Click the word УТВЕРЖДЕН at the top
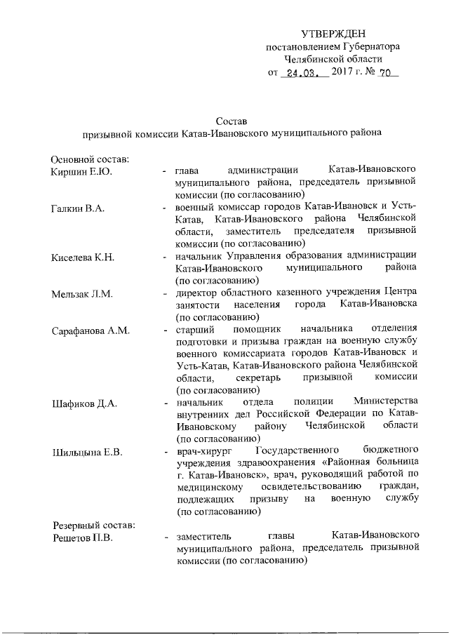pyautogui.click(x=333, y=34)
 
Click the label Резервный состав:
pyautogui.click(x=91, y=526)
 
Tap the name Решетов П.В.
pyautogui.click(x=83, y=538)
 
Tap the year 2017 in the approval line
pyautogui.click(x=341, y=72)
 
